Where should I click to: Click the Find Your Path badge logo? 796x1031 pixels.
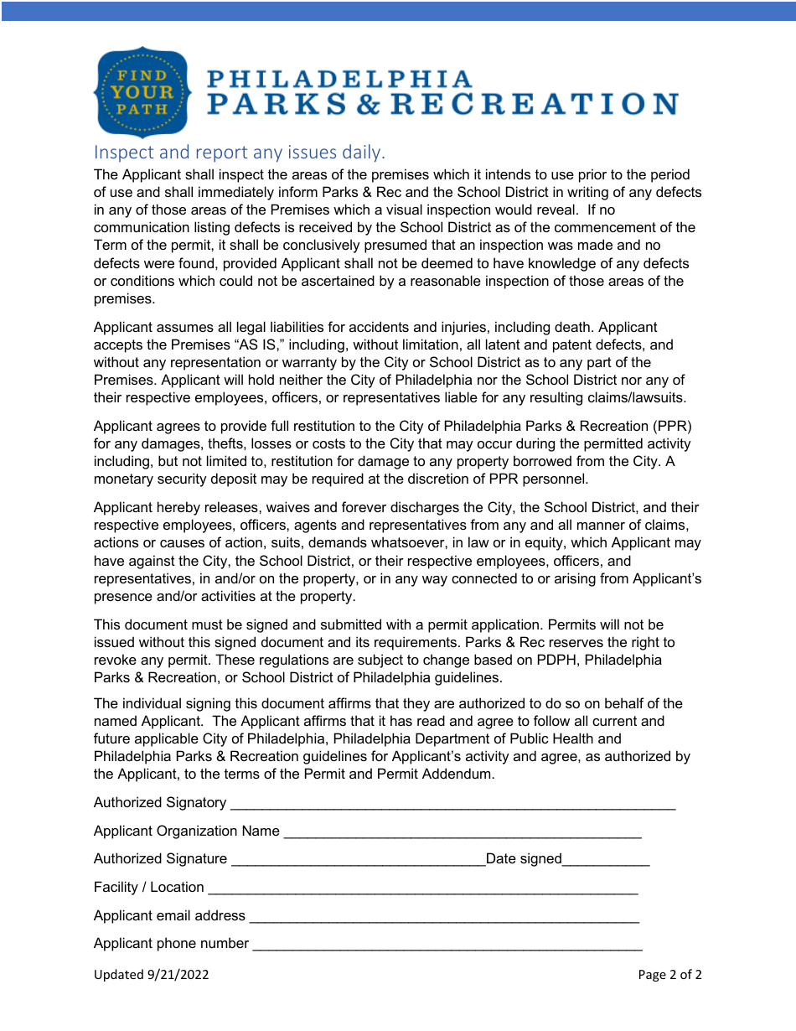tap(142, 91)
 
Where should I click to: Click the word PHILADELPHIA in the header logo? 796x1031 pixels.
tap(339, 79)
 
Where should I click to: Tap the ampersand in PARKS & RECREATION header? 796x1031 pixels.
tap(370, 105)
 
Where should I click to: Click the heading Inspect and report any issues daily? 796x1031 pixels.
tap(240, 153)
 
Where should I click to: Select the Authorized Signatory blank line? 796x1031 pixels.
tap(452, 804)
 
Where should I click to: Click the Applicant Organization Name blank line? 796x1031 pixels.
tap(463, 832)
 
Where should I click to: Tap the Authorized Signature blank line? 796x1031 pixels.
tap(358, 860)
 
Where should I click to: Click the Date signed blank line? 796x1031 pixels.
tap(606, 860)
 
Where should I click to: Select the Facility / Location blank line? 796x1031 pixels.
tap(422, 889)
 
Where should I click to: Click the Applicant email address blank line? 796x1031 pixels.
tap(444, 917)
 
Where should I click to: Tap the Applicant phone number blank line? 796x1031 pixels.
tap(447, 945)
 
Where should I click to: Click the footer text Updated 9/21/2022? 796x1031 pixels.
tap(151, 975)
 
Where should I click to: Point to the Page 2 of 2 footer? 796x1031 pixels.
tap(669, 975)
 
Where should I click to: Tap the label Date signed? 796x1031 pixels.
tap(524, 858)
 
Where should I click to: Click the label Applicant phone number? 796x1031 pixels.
tap(171, 944)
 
